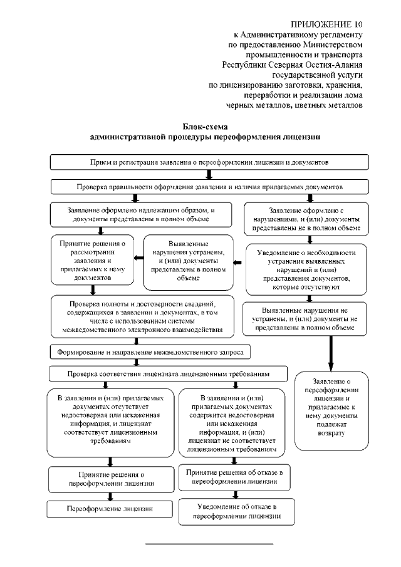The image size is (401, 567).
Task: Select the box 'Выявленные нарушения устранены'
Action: (189, 261)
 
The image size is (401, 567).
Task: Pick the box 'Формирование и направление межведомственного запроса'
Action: (150, 351)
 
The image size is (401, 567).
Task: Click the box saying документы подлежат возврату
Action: (331, 410)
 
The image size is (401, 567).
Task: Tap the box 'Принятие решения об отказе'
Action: (234, 476)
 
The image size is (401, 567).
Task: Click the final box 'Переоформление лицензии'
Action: (110, 508)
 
